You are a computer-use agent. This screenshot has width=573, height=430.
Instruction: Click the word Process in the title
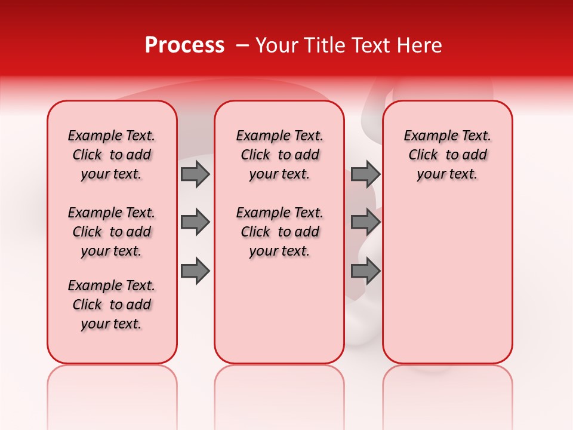pos(184,45)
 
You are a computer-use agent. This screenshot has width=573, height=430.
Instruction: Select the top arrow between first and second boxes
pos(195,174)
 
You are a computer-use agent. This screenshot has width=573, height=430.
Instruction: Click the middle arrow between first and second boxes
pos(195,222)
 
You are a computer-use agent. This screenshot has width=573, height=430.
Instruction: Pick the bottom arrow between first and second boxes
pos(195,271)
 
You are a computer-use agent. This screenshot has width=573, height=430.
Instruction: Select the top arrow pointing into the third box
pos(365,174)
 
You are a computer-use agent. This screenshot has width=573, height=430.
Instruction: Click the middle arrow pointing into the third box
pos(365,222)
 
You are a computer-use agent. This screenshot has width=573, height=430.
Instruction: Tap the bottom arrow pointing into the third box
pos(365,271)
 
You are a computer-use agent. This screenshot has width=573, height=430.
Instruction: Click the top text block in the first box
pos(112,155)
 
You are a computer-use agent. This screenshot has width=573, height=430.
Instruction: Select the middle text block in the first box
pos(112,232)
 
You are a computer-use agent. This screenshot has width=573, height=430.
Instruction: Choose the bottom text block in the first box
pos(112,305)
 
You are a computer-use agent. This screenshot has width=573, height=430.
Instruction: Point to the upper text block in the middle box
pos(279,155)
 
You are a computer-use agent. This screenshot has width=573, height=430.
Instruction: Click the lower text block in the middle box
pos(279,232)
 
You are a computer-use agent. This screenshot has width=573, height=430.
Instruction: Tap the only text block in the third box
pos(447,155)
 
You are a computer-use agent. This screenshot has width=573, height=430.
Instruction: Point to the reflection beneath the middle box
pos(279,388)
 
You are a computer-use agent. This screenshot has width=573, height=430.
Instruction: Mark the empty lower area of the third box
pos(447,281)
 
